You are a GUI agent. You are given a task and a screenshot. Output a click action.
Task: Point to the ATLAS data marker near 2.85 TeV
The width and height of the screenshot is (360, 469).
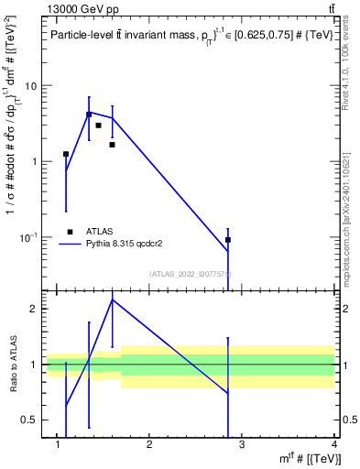click(228, 240)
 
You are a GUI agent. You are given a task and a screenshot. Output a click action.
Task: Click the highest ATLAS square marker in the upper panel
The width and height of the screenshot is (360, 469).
click(89, 115)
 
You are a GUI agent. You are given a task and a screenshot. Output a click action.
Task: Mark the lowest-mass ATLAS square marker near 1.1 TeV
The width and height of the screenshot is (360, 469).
click(66, 154)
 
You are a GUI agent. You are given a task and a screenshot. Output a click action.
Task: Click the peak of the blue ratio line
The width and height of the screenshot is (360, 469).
click(112, 300)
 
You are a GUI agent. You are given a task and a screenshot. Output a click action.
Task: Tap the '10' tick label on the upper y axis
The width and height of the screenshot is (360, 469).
click(30, 86)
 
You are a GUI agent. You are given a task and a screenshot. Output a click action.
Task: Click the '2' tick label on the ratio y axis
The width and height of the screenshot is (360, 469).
click(33, 309)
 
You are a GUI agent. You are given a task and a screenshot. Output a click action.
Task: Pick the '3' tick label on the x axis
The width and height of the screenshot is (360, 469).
click(242, 444)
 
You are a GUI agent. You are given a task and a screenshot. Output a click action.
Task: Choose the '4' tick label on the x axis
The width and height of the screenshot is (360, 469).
click(334, 444)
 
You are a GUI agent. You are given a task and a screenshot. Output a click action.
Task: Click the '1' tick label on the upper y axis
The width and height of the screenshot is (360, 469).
click(33, 162)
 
